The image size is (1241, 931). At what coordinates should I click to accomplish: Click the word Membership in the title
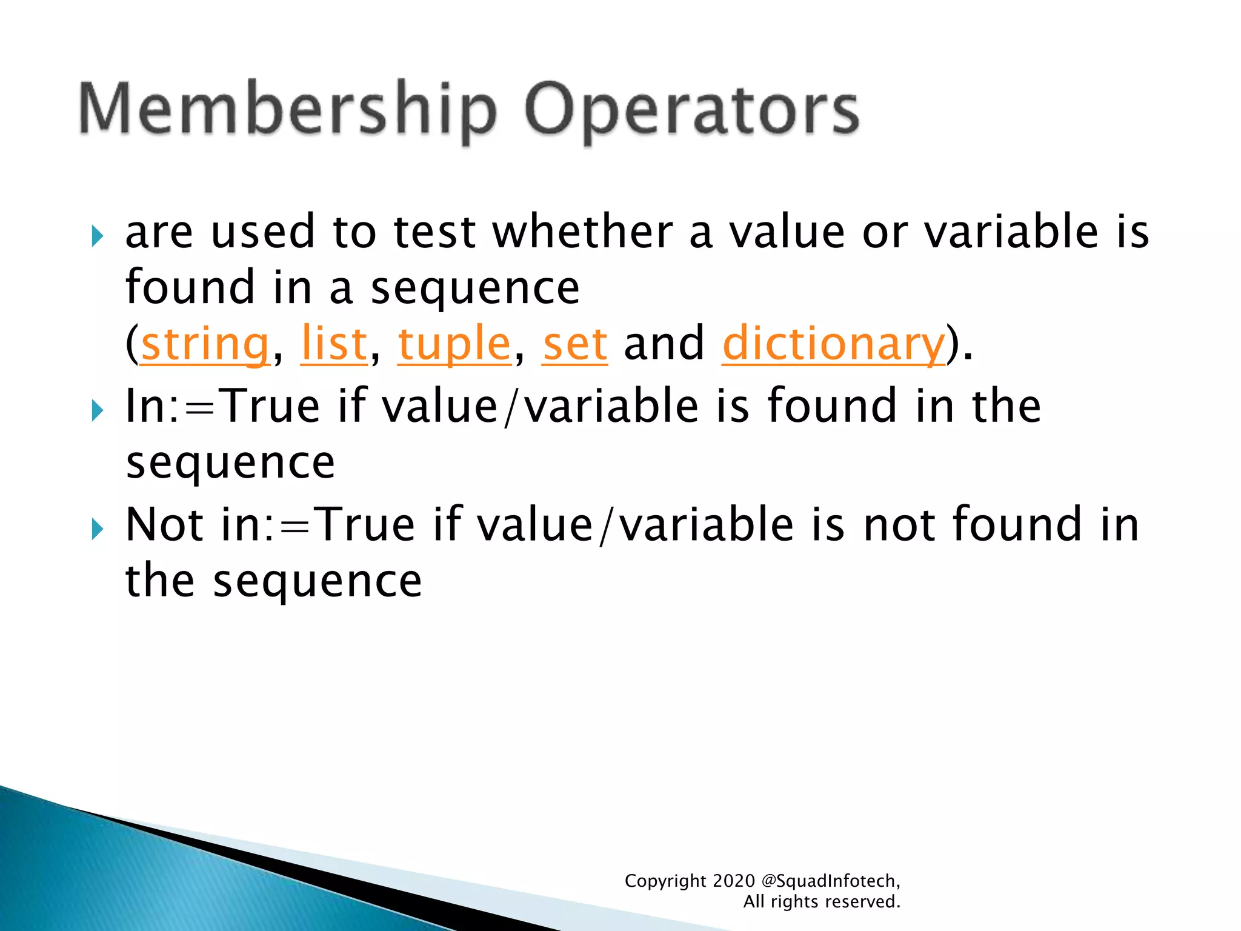pos(288,110)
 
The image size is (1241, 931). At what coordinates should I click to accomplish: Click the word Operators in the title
pos(691,110)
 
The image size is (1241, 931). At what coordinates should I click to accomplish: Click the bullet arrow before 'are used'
pos(97,236)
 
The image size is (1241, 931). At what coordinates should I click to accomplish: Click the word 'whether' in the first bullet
pos(582,232)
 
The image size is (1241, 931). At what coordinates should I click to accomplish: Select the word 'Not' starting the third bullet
pos(164,524)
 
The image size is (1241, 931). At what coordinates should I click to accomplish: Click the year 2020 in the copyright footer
pos(734,881)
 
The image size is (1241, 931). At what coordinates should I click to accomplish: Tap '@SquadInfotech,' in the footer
pos(830,881)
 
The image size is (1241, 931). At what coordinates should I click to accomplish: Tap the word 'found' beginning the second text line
pos(190,288)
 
